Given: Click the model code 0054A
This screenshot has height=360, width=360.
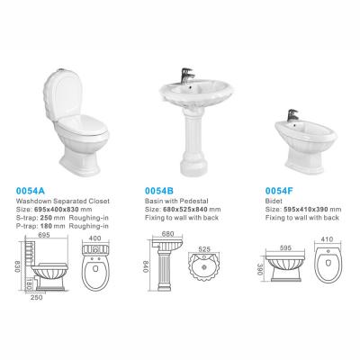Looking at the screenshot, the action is (30, 191).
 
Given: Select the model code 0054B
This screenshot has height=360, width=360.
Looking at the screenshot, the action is (159, 191).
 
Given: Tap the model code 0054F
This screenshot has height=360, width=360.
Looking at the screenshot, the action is (279, 191).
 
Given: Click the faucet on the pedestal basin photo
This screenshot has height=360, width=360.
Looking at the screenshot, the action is (187, 76).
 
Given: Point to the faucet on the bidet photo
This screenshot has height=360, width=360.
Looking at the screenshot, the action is (292, 115).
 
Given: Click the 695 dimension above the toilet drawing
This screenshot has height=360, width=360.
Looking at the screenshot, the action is (44, 235).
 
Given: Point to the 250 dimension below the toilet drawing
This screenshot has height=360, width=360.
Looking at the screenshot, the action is (37, 297).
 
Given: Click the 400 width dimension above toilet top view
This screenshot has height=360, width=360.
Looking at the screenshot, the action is (95, 238).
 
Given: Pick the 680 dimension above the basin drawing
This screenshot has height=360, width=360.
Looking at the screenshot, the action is (167, 234).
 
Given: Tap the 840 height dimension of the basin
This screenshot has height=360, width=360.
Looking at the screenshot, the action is (146, 266).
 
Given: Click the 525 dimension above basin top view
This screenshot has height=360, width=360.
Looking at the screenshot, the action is (204, 249).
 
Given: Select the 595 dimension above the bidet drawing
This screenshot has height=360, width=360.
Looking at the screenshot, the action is (284, 248).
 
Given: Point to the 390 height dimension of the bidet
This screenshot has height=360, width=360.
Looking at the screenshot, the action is (260, 269).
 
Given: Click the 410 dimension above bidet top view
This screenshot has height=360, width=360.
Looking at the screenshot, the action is (327, 239).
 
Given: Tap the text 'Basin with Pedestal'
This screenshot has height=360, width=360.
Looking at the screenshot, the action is (176, 201).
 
